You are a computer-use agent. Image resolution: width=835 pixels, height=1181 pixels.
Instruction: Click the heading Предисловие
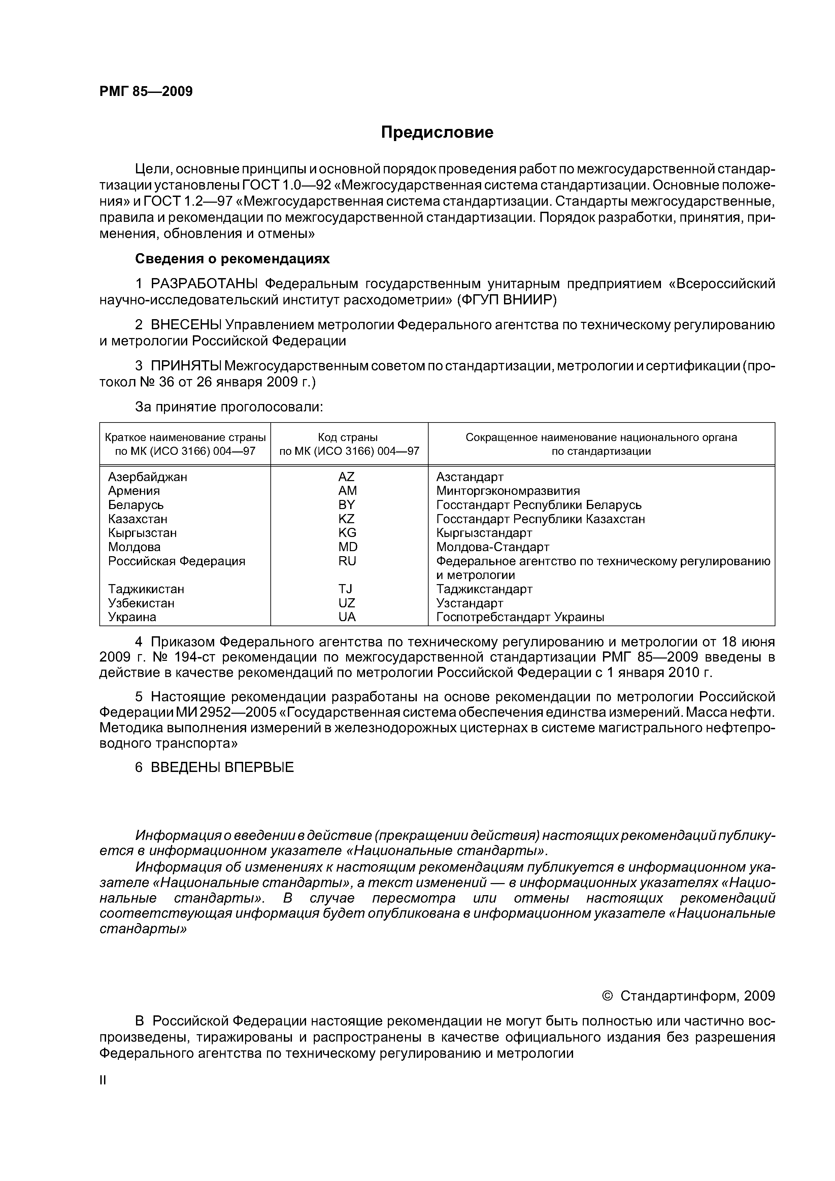click(437, 133)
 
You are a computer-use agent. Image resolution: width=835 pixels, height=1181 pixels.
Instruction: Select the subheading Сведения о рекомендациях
click(232, 259)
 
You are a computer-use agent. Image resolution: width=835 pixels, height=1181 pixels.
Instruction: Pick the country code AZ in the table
click(347, 477)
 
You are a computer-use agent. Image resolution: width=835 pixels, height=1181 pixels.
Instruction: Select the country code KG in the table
click(347, 533)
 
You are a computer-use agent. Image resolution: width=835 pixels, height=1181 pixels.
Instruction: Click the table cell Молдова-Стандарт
click(492, 547)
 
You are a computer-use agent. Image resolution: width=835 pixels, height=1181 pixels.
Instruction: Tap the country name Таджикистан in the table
click(146, 589)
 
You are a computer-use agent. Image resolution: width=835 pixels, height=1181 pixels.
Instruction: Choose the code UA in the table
click(347, 617)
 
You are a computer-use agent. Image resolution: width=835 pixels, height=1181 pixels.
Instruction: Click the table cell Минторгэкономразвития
click(508, 491)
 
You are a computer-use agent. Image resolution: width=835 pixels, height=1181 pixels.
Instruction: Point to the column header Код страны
click(348, 437)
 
